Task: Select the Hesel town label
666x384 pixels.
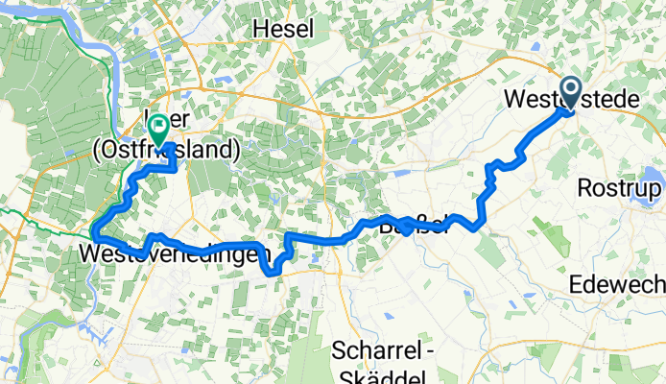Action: [283, 30]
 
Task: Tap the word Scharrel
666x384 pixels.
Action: [374, 351]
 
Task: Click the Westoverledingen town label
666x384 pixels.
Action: [171, 255]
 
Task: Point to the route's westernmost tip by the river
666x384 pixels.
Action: [94, 228]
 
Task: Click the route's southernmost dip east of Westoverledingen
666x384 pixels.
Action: [273, 272]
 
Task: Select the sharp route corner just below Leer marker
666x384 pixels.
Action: [174, 168]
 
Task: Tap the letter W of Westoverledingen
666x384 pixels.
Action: [91, 255]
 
